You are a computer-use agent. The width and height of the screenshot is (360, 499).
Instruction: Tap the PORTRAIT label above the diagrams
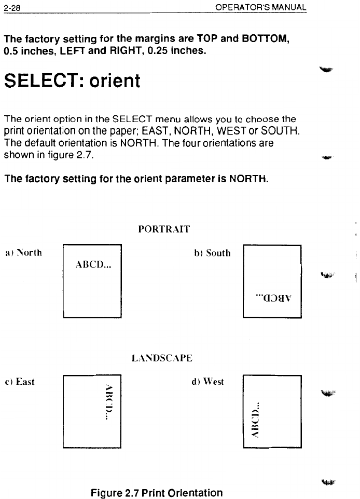click(x=164, y=228)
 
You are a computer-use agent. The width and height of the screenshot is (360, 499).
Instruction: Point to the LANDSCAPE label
click(x=162, y=358)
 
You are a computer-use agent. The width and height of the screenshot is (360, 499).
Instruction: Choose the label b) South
click(x=212, y=253)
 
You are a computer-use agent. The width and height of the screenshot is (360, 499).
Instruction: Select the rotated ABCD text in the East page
click(x=108, y=399)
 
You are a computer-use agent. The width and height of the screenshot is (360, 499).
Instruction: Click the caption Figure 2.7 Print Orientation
click(x=157, y=492)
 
